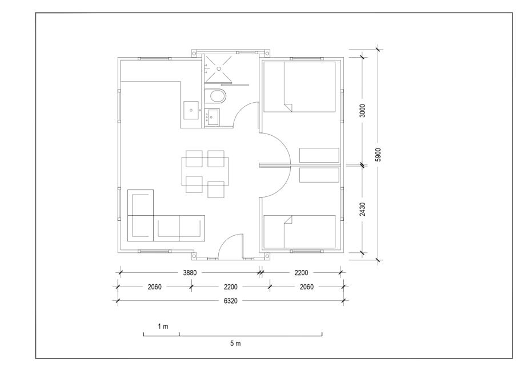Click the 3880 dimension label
190,273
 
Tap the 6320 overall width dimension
230,301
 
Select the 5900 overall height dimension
378,155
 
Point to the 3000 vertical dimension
362,111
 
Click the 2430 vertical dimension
362,209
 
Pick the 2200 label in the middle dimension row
230,287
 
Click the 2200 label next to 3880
301,273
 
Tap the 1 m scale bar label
163,326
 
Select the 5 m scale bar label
235,343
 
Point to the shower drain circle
219,68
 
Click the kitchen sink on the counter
191,110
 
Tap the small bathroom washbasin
211,117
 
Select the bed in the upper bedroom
299,87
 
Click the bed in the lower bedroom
299,232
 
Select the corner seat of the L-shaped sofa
141,228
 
